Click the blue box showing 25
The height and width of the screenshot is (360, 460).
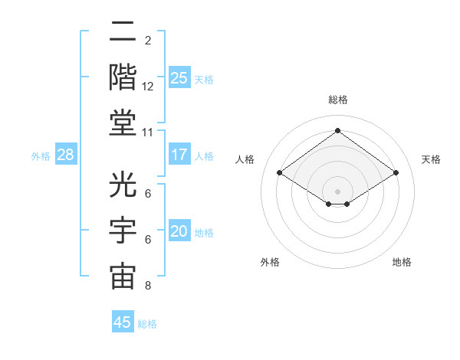pyautogui.click(x=179, y=77)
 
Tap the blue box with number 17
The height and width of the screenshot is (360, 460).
pyautogui.click(x=179, y=155)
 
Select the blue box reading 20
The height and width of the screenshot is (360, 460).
pyautogui.click(x=179, y=231)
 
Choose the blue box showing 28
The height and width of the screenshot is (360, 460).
pyautogui.click(x=66, y=155)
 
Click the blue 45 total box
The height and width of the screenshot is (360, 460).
pyautogui.click(x=123, y=322)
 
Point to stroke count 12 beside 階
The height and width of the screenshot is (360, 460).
pyautogui.click(x=148, y=87)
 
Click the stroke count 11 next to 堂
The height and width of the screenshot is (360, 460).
pyautogui.click(x=148, y=132)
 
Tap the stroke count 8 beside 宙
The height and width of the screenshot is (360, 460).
pyautogui.click(x=148, y=286)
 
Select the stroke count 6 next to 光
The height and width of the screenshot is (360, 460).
pyautogui.click(x=148, y=194)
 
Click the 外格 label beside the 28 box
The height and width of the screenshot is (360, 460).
pyautogui.click(x=41, y=156)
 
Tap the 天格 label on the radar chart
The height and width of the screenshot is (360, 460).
pyautogui.click(x=431, y=159)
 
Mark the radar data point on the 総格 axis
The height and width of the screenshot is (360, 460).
pyautogui.click(x=337, y=130)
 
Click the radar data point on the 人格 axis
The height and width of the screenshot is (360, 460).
pyautogui.click(x=279, y=173)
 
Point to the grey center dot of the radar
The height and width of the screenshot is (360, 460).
pyautogui.click(x=337, y=190)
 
